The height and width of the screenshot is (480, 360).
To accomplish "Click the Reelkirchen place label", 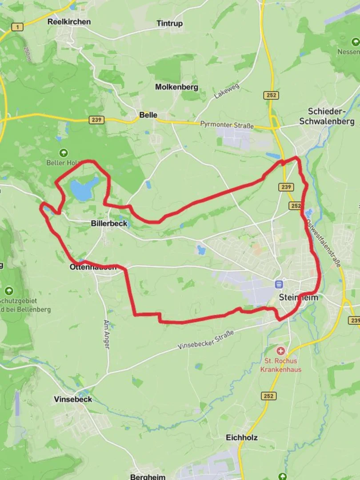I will [69, 21].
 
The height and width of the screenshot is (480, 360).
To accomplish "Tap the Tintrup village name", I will [169, 24].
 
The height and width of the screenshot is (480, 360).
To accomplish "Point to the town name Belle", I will [148, 115].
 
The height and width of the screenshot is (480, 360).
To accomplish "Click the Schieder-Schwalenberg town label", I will [327, 116].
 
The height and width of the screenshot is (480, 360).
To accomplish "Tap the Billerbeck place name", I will [109, 223].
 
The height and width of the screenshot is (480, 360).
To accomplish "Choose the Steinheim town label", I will [298, 297].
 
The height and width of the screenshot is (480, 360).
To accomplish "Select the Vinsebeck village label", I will [73, 399].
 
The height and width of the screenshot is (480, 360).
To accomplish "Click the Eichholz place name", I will [241, 437].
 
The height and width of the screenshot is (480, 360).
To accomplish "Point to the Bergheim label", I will [148, 476].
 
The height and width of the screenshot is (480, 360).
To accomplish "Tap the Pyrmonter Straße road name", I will [227, 125].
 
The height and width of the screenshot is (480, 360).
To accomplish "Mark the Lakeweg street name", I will [226, 91].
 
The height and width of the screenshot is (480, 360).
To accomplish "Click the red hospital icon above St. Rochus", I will [280, 351].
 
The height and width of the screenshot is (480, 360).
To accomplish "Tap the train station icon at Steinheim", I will [279, 284].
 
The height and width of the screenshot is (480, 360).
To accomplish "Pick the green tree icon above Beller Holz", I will [64, 153].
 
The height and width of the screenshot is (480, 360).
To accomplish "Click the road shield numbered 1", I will [17, 28].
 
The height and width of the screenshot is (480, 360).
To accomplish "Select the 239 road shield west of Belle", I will [96, 120].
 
